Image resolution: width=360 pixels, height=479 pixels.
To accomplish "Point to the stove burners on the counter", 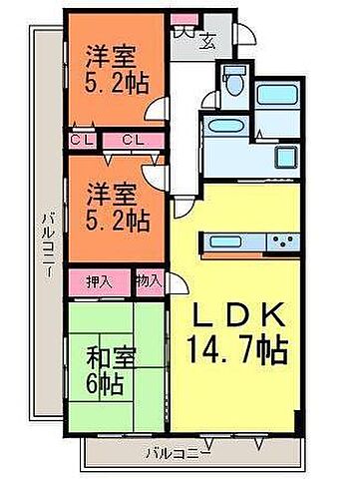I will click(x=281, y=240).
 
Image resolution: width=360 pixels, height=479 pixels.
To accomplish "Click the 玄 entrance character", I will click(x=209, y=41).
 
